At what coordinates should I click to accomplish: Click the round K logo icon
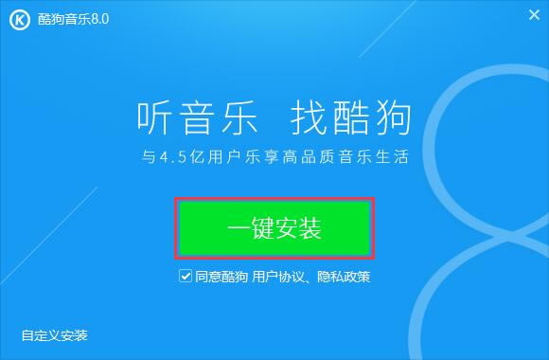(x=18, y=18)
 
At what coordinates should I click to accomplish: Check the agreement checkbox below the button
(x=186, y=278)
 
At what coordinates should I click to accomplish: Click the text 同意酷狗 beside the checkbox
(x=221, y=278)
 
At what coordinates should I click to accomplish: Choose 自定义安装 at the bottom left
(x=55, y=335)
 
